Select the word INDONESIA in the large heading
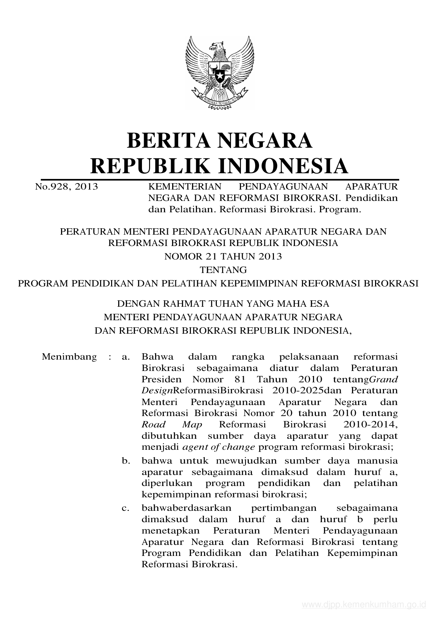pyautogui.click(x=283, y=166)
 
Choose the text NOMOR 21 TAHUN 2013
pyautogui.click(x=223, y=256)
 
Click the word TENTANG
pyautogui.click(x=223, y=270)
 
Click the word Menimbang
pyautogui.click(x=69, y=356)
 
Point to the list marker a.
pyautogui.click(x=125, y=356)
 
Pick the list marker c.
pyautogui.click(x=125, y=508)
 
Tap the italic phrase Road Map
pyautogui.click(x=172, y=425)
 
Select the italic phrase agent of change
pyautogui.click(x=219, y=447)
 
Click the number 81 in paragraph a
pyautogui.click(x=240, y=379)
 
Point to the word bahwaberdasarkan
pyautogui.click(x=186, y=508)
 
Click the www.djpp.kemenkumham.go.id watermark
pyautogui.click(x=363, y=605)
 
